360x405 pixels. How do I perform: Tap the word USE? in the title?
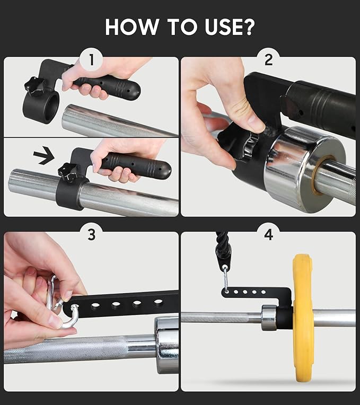[230, 27]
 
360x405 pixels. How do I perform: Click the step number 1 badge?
[91, 60]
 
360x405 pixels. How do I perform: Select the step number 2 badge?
[269, 60]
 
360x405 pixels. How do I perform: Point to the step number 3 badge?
[91, 235]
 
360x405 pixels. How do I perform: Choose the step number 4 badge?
[269, 235]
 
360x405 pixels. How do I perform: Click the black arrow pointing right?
[44, 155]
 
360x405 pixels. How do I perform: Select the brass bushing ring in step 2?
[318, 175]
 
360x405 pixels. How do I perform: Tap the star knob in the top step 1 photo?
[34, 86]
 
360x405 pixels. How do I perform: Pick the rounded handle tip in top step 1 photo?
[135, 91]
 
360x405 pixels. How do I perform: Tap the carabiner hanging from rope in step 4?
[226, 279]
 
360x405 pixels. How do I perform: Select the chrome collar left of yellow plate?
[269, 318]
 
